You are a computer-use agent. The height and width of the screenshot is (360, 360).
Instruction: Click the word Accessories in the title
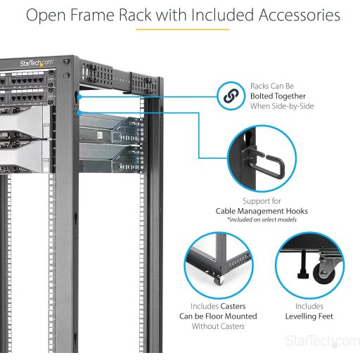click(300, 15)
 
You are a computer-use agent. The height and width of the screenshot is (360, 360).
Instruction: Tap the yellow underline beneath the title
click(182, 30)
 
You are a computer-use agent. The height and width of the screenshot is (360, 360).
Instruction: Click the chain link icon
click(231, 96)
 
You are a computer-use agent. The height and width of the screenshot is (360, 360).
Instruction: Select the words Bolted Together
click(278, 96)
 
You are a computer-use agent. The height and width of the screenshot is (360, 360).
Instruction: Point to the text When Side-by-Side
click(282, 106)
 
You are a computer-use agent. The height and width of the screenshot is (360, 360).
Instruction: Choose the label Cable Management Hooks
click(262, 211)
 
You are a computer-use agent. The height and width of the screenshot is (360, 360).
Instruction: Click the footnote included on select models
click(262, 219)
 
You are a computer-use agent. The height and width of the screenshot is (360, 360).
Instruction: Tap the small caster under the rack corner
click(219, 280)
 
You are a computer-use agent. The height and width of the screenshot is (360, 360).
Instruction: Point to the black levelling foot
click(304, 265)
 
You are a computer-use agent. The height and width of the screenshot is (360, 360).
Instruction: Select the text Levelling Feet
click(309, 316)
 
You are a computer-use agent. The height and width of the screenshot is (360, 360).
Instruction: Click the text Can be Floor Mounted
click(218, 316)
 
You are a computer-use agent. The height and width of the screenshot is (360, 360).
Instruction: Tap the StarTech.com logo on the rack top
click(37, 63)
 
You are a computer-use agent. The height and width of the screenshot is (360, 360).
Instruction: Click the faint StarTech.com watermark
click(323, 341)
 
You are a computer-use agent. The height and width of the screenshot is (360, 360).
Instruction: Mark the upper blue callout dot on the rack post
click(79, 96)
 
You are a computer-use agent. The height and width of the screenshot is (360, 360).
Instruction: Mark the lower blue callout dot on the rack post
click(79, 113)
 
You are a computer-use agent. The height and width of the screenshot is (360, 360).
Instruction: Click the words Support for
click(262, 201)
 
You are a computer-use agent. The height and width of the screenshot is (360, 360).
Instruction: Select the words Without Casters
click(218, 326)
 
